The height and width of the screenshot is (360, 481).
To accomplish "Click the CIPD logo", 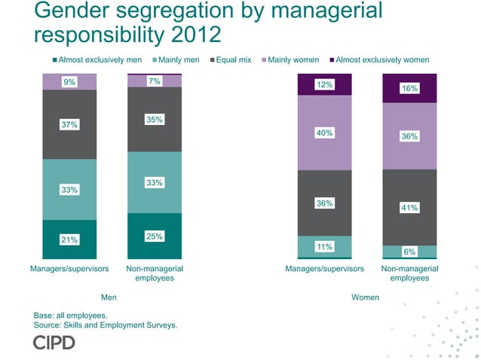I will (x=54, y=343).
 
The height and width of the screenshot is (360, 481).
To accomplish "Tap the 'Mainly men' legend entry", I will (x=179, y=59).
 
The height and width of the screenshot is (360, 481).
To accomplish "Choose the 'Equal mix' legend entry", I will (x=233, y=59).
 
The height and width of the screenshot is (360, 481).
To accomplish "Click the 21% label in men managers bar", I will (x=69, y=239).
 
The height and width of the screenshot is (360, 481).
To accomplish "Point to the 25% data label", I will (x=155, y=236).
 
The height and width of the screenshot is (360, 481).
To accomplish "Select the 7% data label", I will (x=155, y=81).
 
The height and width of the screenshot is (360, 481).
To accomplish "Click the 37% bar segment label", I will (x=69, y=124).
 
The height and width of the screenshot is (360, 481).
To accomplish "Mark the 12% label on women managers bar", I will (x=325, y=84).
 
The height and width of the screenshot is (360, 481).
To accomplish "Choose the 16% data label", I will (x=409, y=88).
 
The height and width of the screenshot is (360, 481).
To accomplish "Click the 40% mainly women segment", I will (x=325, y=133).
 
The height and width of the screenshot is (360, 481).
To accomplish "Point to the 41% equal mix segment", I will (x=409, y=207).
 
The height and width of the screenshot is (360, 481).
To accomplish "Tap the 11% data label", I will (x=325, y=246).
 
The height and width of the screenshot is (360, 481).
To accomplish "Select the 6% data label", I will (x=409, y=252).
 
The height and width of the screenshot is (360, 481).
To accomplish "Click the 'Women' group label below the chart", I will (x=366, y=297).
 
